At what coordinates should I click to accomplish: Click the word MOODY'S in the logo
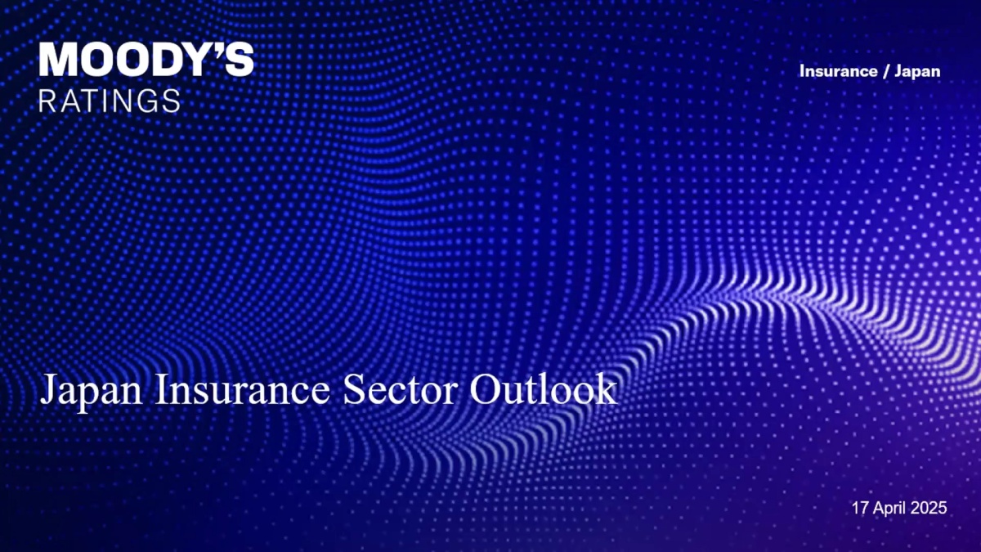(x=146, y=59)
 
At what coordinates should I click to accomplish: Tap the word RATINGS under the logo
(x=110, y=101)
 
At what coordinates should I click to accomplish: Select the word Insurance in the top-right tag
(x=838, y=71)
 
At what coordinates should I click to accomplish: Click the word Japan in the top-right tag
(x=917, y=72)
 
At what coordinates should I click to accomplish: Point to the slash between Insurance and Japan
(x=885, y=71)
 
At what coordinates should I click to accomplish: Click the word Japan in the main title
(x=91, y=390)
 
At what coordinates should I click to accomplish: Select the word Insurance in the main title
(x=242, y=389)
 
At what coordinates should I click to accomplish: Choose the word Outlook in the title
(x=543, y=388)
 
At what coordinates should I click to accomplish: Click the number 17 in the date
(x=860, y=508)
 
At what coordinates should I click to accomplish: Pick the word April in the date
(x=889, y=509)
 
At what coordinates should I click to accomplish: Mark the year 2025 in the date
(x=929, y=508)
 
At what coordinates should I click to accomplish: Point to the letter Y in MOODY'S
(x=195, y=59)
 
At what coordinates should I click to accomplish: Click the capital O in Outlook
(x=486, y=389)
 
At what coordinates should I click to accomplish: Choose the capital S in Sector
(x=354, y=389)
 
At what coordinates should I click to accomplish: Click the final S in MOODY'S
(x=239, y=59)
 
